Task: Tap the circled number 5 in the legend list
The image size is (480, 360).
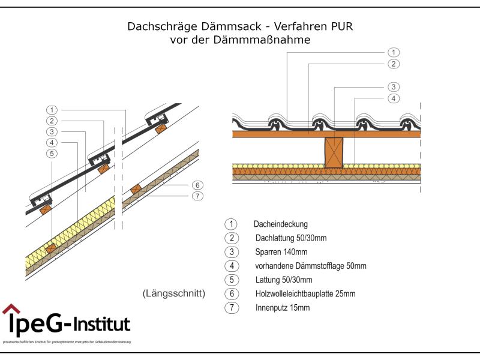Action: pyautogui.click(x=231, y=280)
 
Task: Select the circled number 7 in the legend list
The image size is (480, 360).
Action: pyautogui.click(x=231, y=308)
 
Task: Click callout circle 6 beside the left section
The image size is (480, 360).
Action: pyautogui.click(x=198, y=185)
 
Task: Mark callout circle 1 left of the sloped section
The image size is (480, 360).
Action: pyautogui.click(x=52, y=110)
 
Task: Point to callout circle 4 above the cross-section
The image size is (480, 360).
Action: pyautogui.click(x=393, y=98)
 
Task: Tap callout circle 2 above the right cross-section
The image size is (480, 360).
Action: pyautogui.click(x=393, y=64)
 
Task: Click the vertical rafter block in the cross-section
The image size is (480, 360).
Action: pyautogui.click(x=333, y=152)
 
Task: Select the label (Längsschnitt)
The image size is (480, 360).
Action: pyautogui.click(x=175, y=294)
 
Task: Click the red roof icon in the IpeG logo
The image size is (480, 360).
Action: pyautogui.click(x=10, y=309)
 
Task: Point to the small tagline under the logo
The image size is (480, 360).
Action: pyautogui.click(x=67, y=342)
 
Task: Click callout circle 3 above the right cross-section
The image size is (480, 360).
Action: pyautogui.click(x=393, y=86)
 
